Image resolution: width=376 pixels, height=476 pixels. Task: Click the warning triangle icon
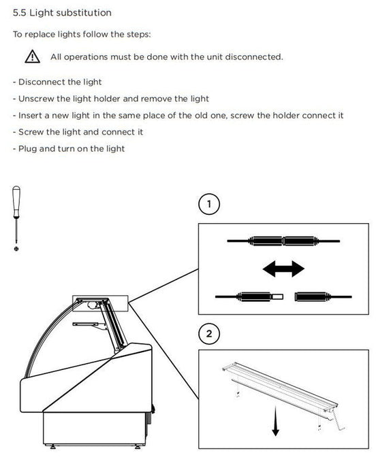(x=32, y=56)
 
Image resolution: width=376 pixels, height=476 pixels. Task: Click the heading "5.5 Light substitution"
(x=62, y=13)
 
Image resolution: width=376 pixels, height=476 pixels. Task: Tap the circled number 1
(x=209, y=204)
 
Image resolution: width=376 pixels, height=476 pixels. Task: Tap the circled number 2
(x=209, y=334)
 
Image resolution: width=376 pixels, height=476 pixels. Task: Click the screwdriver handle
(x=16, y=201)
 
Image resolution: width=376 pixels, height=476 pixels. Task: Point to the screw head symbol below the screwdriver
(x=16, y=249)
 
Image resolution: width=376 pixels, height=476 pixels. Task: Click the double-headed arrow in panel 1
(x=283, y=269)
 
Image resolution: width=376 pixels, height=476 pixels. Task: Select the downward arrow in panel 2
(x=276, y=421)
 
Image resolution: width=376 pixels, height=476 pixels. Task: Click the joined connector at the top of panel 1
(x=283, y=241)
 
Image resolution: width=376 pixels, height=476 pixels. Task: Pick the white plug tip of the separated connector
(x=277, y=296)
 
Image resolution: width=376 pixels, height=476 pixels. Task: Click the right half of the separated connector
(x=323, y=296)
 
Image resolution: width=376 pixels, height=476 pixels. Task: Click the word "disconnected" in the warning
(x=253, y=57)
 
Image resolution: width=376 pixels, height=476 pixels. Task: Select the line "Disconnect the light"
(x=57, y=82)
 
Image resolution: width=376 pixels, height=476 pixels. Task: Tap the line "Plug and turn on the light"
(x=69, y=149)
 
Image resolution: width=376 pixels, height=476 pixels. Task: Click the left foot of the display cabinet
(x=53, y=447)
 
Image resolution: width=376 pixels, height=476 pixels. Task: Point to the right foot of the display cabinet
(x=138, y=447)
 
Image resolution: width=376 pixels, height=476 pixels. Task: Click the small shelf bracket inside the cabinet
(x=89, y=325)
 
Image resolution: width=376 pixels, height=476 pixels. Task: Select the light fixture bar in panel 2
(x=280, y=386)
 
